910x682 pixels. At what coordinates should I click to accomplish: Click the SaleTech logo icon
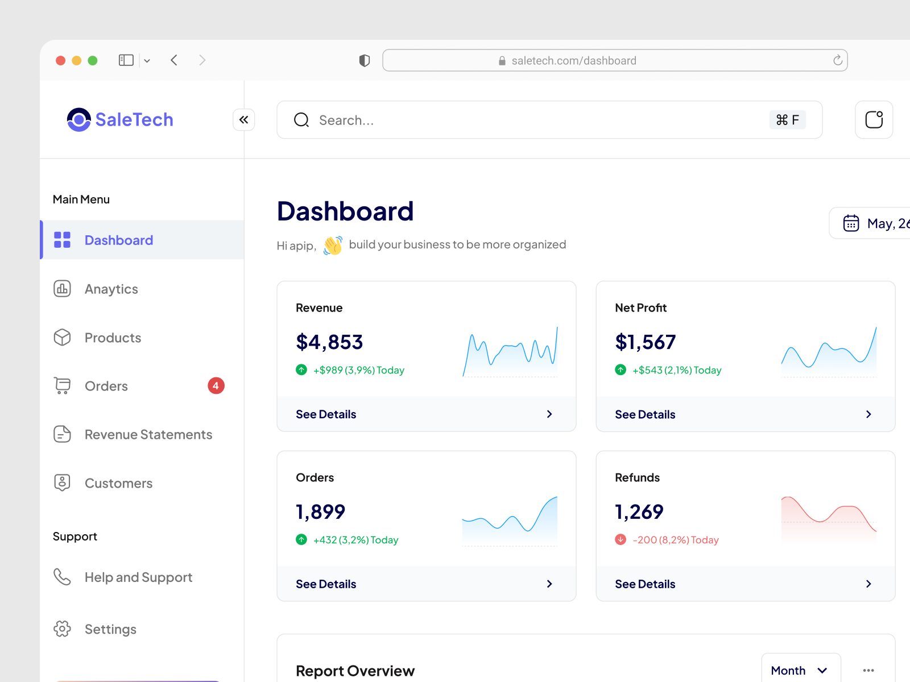pyautogui.click(x=78, y=119)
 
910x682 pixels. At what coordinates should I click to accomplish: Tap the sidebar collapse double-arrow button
pyautogui.click(x=243, y=120)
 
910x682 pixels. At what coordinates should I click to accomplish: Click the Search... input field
pyautogui.click(x=512, y=120)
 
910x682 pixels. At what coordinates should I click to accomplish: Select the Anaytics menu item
pyautogui.click(x=111, y=289)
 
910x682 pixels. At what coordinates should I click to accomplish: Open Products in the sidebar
pyautogui.click(x=113, y=338)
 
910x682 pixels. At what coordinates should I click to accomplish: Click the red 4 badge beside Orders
pyautogui.click(x=216, y=386)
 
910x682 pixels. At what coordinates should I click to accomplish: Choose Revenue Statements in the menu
pyautogui.click(x=148, y=435)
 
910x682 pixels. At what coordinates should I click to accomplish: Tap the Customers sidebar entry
pyautogui.click(x=118, y=483)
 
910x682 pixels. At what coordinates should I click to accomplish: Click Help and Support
pyautogui.click(x=138, y=577)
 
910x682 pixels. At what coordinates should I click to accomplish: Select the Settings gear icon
pyautogui.click(x=62, y=629)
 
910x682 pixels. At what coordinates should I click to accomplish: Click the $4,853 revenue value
pyautogui.click(x=329, y=342)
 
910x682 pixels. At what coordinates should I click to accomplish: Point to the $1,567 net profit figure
pyautogui.click(x=645, y=342)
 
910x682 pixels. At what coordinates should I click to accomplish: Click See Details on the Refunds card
pyautogui.click(x=645, y=584)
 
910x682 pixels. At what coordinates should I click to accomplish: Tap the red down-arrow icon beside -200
pyautogui.click(x=621, y=539)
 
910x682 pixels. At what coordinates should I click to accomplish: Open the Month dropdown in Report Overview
pyautogui.click(x=800, y=671)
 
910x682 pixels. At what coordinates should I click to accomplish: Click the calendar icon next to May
pyautogui.click(x=851, y=223)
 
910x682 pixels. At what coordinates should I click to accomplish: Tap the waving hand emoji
pyautogui.click(x=333, y=246)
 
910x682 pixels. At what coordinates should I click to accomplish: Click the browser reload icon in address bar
pyautogui.click(x=837, y=60)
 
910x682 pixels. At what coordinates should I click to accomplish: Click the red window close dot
pyautogui.click(x=60, y=60)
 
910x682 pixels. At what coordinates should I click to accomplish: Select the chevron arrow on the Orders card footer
pyautogui.click(x=549, y=584)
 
